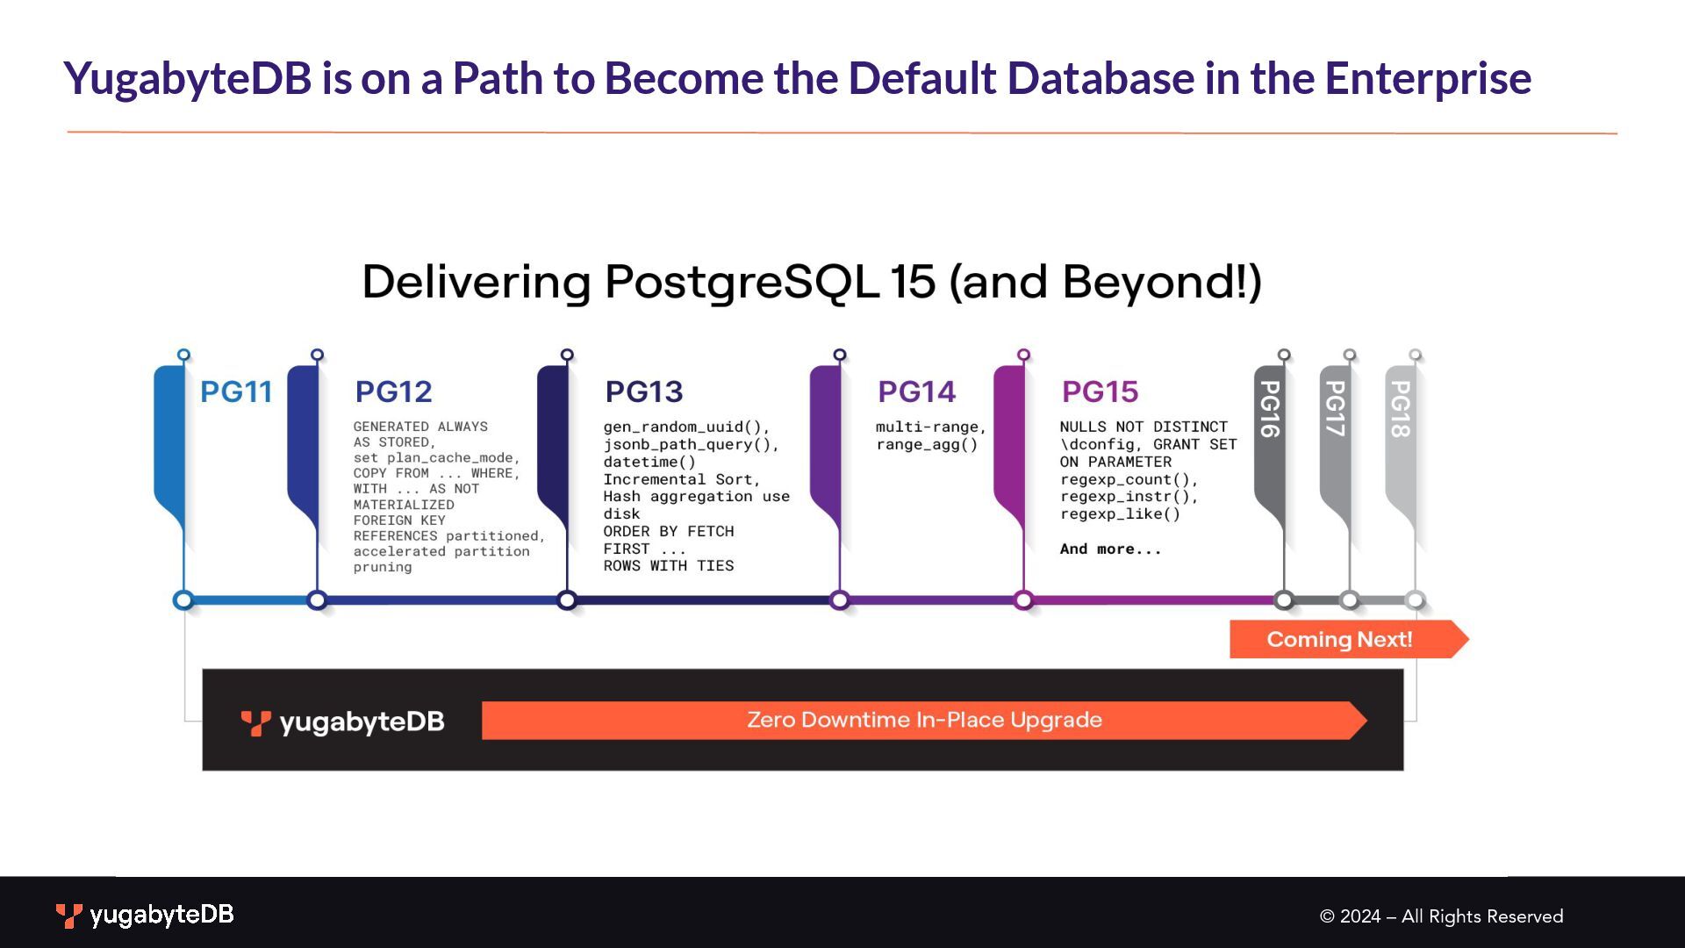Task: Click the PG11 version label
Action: [235, 391]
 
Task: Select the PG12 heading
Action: [393, 391]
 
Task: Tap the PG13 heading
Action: [644, 391]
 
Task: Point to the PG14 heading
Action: [916, 391]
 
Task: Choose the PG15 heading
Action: [1100, 391]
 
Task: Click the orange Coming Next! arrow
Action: [1340, 639]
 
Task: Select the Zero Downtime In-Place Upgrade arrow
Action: [923, 720]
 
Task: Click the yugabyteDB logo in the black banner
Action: [342, 722]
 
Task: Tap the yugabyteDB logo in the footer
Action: [145, 915]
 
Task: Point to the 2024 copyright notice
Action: [1441, 916]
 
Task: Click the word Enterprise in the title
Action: [1428, 78]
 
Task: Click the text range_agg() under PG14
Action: [927, 444]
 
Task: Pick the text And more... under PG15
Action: [1110, 549]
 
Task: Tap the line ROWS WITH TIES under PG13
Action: [668, 566]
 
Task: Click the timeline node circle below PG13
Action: [567, 600]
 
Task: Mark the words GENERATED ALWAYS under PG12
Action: [420, 427]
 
